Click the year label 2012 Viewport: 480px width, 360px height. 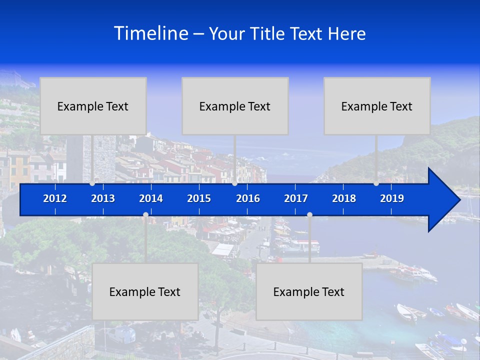tap(55, 198)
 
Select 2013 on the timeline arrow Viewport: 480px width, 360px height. tap(103, 198)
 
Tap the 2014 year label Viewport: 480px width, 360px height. tap(151, 198)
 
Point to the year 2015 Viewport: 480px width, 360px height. tap(199, 198)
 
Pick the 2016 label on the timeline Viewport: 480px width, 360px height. tap(248, 198)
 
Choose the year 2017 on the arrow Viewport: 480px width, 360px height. tap(296, 198)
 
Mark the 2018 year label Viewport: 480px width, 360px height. tap(344, 198)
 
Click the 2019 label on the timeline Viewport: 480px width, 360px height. tap(392, 198)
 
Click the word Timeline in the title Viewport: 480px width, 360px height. tap(151, 33)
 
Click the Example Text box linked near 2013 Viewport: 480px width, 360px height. tap(93, 106)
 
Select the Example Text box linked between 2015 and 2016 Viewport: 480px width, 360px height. tap(235, 106)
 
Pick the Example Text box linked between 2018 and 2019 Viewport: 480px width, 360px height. tap(377, 106)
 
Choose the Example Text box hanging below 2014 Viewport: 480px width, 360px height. tap(145, 291)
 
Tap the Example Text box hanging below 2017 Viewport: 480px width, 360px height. tap(309, 291)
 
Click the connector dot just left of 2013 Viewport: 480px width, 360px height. tap(92, 183)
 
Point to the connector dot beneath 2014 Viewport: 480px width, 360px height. tap(145, 215)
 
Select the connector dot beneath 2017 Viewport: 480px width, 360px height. tap(309, 215)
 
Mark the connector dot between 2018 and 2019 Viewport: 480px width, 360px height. tap(376, 183)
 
